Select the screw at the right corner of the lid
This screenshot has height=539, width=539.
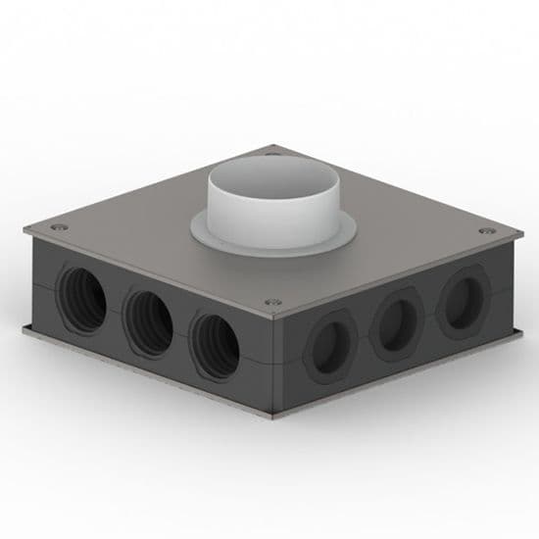click(485, 231)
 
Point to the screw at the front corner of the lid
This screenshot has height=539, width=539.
click(272, 301)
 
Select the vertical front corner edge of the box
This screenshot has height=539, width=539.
click(277, 363)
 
